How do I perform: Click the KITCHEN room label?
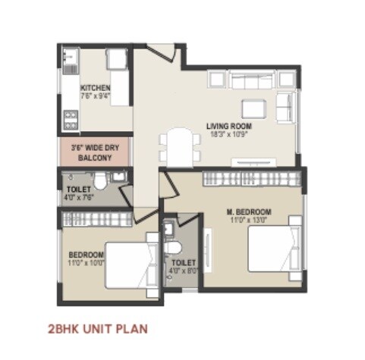[96, 88]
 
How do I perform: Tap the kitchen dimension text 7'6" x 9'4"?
[96, 96]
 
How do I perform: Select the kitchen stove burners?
[70, 117]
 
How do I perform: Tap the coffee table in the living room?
[253, 105]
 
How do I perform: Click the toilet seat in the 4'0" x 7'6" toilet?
[118, 178]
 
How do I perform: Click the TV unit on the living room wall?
[255, 161]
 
